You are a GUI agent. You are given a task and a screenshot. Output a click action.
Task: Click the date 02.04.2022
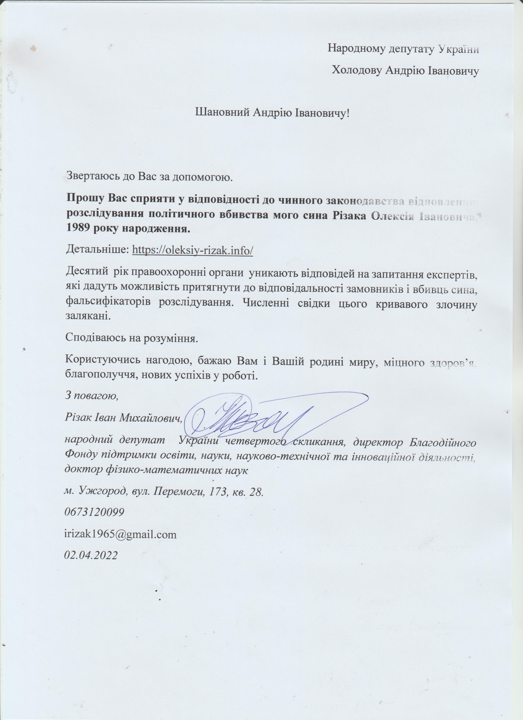coord(91,555)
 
